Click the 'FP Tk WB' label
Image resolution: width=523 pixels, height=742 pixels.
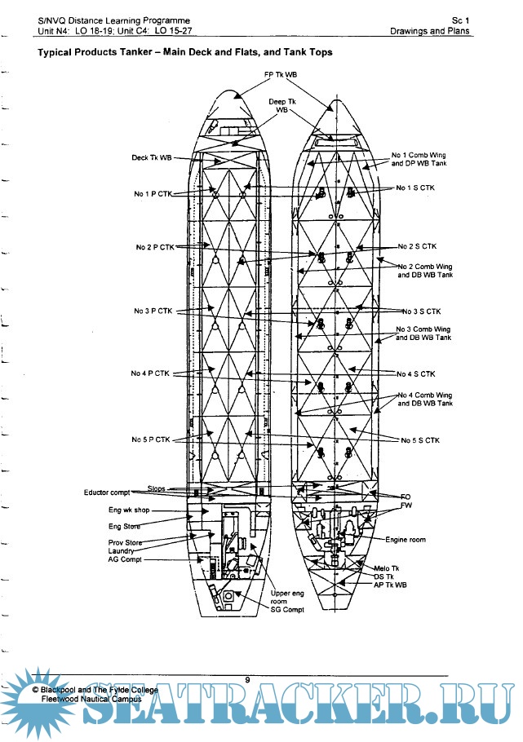[280, 74]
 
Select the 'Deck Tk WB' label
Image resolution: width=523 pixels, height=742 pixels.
[152, 157]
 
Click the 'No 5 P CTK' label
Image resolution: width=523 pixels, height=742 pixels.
[151, 439]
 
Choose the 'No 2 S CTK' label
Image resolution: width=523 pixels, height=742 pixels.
[417, 245]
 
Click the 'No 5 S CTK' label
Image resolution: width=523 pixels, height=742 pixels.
[420, 439]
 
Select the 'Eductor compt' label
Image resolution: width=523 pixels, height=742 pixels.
[107, 492]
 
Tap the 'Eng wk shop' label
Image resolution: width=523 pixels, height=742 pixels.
[127, 511]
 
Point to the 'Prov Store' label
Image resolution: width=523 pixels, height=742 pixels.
[125, 542]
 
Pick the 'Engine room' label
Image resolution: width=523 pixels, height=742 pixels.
[406, 540]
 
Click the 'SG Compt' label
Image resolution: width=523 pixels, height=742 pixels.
[287, 609]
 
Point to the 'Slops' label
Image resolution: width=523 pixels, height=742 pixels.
[157, 488]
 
